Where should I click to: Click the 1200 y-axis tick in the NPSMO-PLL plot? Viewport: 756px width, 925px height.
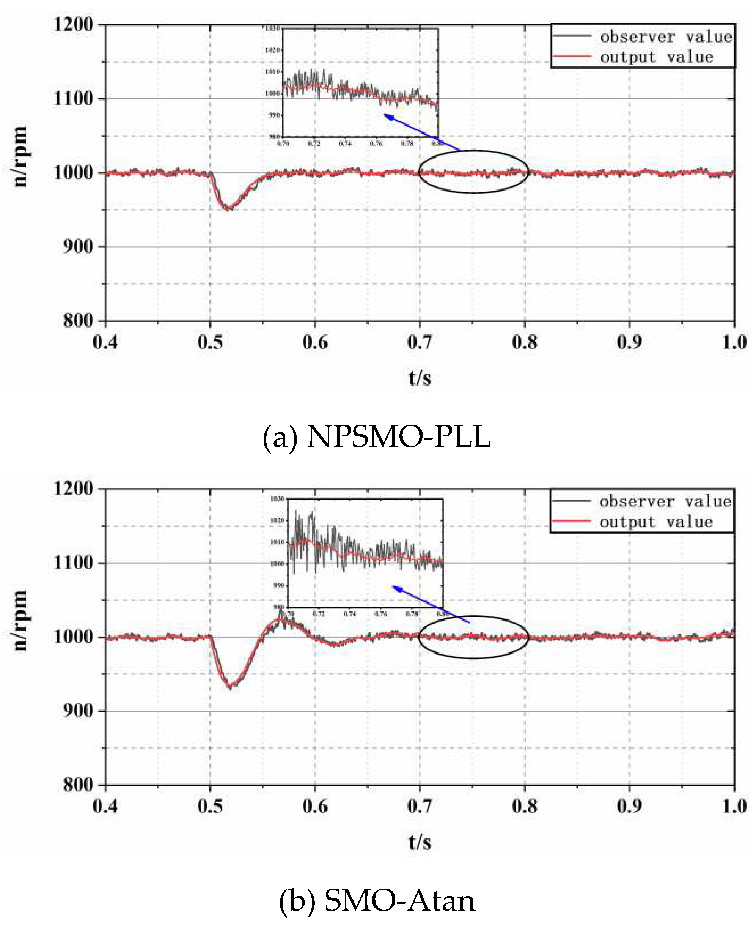point(73,24)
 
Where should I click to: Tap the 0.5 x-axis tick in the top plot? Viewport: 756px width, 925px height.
point(211,342)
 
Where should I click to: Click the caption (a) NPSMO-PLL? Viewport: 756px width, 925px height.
point(377,437)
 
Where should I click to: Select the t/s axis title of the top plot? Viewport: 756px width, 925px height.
point(420,378)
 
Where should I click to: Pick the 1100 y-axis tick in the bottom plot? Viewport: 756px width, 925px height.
point(73,563)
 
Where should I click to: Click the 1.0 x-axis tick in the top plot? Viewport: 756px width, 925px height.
point(734,342)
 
